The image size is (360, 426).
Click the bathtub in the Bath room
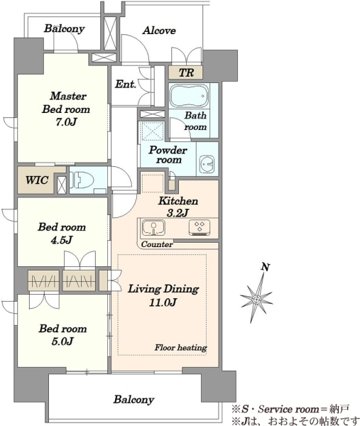pyautogui.click(x=190, y=96)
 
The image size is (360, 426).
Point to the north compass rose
pyautogui.click(x=256, y=298)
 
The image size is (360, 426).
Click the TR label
pyautogui.click(x=186, y=73)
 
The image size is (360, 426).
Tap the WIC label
pyautogui.click(x=37, y=180)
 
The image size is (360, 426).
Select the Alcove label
pyautogui.click(x=159, y=31)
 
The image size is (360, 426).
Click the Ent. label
pyautogui.click(x=125, y=84)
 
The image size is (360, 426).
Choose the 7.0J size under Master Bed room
pyautogui.click(x=65, y=122)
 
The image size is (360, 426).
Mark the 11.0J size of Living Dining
pyautogui.click(x=163, y=302)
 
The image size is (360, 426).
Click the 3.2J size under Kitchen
pyautogui.click(x=178, y=213)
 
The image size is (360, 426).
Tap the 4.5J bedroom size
pyautogui.click(x=62, y=240)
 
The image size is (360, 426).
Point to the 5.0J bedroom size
pyautogui.click(x=62, y=342)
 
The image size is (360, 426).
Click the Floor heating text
pyautogui.click(x=180, y=347)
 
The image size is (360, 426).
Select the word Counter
pyautogui.click(x=157, y=244)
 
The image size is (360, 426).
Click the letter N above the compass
pyautogui.click(x=266, y=267)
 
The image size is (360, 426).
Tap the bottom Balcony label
pyautogui.click(x=133, y=400)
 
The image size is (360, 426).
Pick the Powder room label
pyautogui.click(x=168, y=155)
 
